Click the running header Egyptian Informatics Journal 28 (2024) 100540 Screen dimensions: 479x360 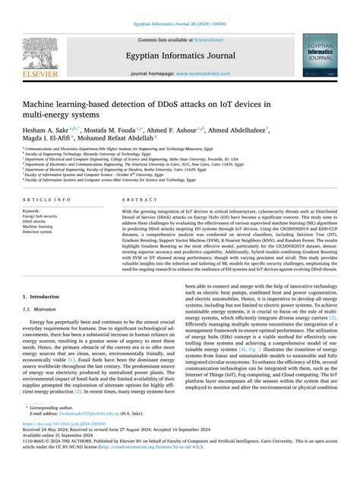coord(179,6)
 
